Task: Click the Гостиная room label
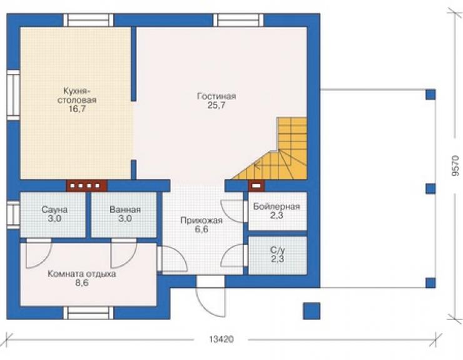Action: pyautogui.click(x=216, y=96)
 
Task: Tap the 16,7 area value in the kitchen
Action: pyautogui.click(x=77, y=109)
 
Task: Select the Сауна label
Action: pyautogui.click(x=54, y=210)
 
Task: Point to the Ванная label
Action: pyautogui.click(x=125, y=210)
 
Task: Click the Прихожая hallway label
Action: pyautogui.click(x=201, y=220)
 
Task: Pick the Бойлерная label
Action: pyautogui.click(x=277, y=207)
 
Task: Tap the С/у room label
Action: pyautogui.click(x=278, y=250)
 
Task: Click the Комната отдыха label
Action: pyautogui.click(x=82, y=274)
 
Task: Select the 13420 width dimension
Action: pyautogui.click(x=221, y=339)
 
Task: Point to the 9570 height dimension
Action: pyautogui.click(x=455, y=166)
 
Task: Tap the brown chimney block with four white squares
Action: pyautogui.click(x=86, y=186)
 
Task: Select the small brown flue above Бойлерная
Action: pyautogui.click(x=257, y=186)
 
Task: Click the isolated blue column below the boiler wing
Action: pyautogui.click(x=312, y=311)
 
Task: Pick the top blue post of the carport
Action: pyautogui.click(x=430, y=95)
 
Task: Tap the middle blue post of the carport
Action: pyautogui.click(x=430, y=188)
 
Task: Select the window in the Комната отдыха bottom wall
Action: pyautogui.click(x=88, y=313)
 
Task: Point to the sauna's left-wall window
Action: pyautogui.click(x=13, y=215)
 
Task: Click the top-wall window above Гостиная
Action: pyautogui.click(x=238, y=20)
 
